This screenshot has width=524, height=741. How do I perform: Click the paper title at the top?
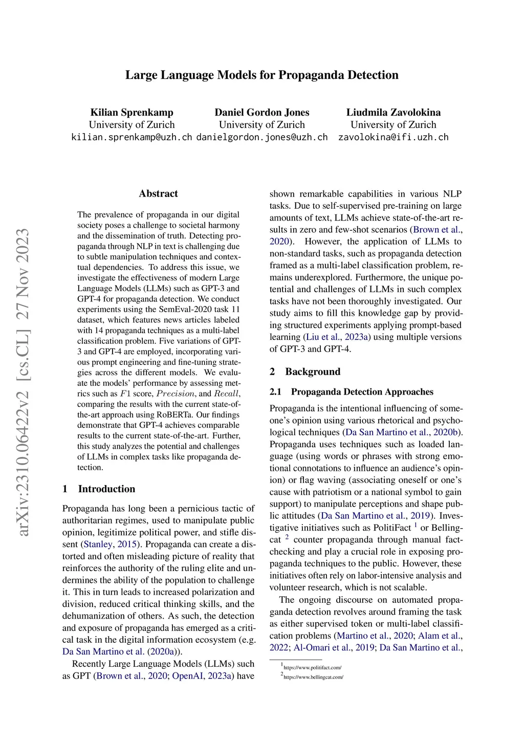tap(261, 75)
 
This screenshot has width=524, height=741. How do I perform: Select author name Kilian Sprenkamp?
tap(132, 113)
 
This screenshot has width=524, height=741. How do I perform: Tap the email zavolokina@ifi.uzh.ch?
tap(393, 137)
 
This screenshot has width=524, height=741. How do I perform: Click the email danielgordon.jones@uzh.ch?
tap(262, 137)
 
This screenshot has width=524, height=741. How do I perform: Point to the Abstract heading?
tap(158, 193)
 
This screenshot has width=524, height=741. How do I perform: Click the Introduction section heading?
tap(106, 489)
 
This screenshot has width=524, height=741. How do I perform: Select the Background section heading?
tap(312, 372)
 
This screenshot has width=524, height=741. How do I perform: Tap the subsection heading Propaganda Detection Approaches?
tap(362, 392)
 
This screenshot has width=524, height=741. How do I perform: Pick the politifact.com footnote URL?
tap(312, 668)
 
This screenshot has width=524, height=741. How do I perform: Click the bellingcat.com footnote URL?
tap(313, 677)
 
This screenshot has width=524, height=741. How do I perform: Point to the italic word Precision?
tap(176, 394)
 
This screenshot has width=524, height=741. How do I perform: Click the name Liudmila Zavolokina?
tap(393, 113)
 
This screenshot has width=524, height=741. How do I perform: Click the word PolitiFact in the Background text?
tap(392, 528)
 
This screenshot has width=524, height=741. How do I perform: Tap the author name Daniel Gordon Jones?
tap(262, 113)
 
